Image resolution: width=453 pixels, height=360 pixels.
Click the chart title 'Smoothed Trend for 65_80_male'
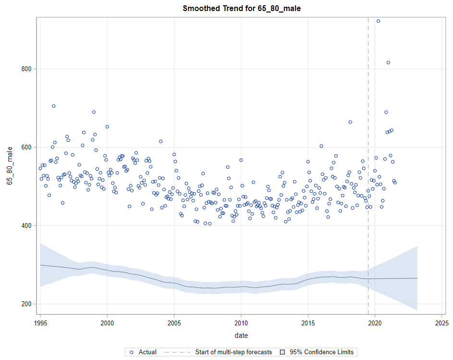click(242, 9)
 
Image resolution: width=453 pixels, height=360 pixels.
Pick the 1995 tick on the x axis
click(40, 323)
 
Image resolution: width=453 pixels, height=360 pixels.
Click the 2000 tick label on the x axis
click(107, 323)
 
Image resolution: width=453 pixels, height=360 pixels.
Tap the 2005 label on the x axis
click(174, 323)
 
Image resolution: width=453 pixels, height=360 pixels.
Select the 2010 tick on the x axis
click(241, 323)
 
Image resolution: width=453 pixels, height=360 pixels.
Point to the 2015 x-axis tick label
click(308, 323)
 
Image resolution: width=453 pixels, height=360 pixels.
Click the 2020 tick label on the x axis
click(375, 323)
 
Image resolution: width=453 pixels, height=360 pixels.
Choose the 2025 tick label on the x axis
click(441, 323)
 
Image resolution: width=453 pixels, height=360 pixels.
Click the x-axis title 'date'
click(241, 335)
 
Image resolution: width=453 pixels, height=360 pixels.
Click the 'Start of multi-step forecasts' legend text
click(233, 352)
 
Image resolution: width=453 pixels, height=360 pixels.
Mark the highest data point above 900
click(378, 21)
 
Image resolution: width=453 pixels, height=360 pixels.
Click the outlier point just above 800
click(388, 62)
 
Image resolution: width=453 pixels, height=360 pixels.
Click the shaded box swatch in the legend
click(284, 352)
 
